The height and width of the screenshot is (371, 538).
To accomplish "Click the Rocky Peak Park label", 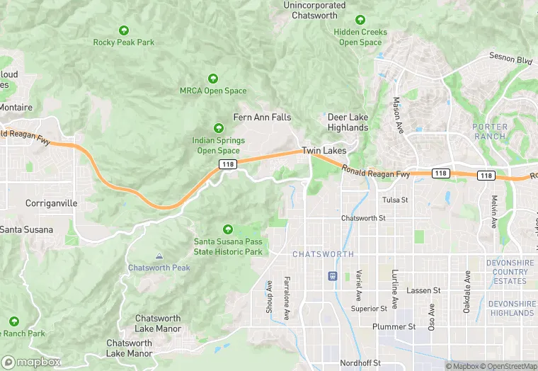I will click(124, 42).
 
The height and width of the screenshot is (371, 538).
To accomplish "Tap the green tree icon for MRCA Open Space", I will click(212, 78).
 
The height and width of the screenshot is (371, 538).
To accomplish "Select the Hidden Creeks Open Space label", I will click(360, 38).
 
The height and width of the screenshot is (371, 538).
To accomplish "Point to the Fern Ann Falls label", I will click(263, 118).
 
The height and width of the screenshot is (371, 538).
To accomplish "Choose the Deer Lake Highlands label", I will click(348, 122).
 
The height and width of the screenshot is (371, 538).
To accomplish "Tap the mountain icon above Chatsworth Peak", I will click(159, 256).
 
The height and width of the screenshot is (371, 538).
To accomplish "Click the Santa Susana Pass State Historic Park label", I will click(228, 247).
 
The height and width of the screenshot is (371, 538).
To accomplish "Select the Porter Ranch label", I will click(489, 131).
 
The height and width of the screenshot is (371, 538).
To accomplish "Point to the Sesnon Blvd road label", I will click(510, 59).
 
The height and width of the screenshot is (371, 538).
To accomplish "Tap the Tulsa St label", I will click(395, 200).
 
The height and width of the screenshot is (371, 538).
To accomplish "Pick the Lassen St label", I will click(423, 290).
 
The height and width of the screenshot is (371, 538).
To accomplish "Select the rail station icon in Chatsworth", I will click(333, 275).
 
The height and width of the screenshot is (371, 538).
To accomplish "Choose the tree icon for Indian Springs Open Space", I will click(219, 129).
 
